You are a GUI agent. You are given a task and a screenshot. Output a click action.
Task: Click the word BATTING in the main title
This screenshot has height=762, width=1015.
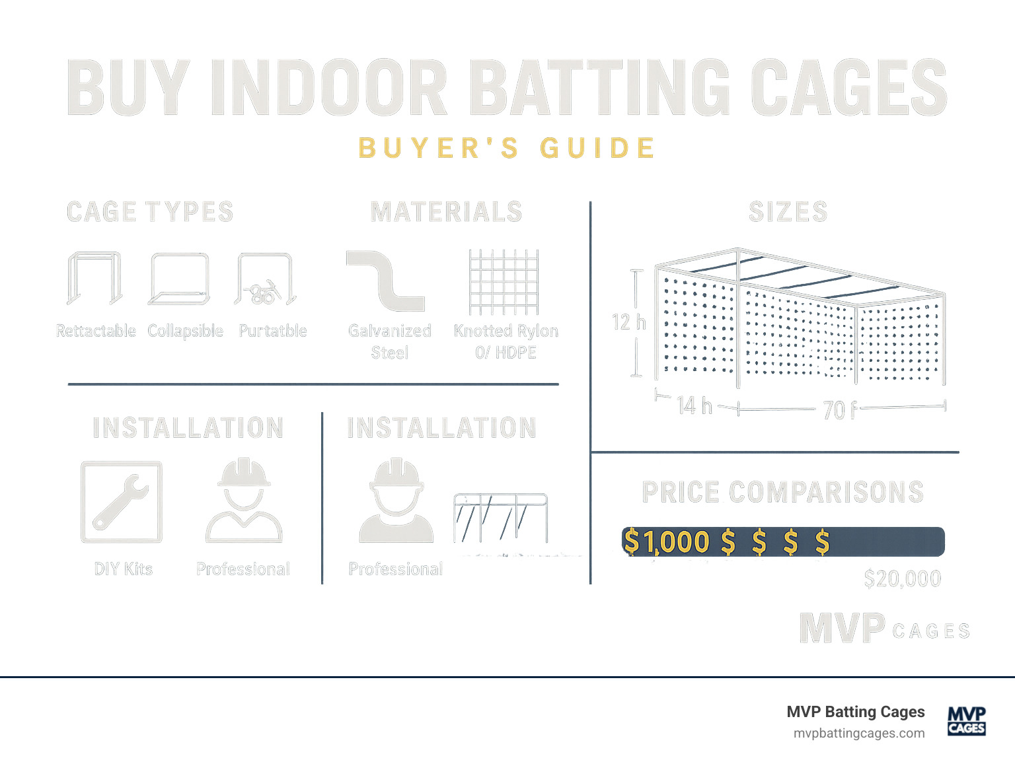[603, 88]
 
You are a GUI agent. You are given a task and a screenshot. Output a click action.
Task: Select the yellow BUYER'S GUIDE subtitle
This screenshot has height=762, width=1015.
[507, 148]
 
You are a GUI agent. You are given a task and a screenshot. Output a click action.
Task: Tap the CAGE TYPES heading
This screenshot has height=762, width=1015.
[150, 213]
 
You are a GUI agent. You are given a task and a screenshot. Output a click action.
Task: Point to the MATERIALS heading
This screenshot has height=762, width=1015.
[446, 213]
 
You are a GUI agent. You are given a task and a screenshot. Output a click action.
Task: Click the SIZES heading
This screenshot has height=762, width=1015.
[788, 213]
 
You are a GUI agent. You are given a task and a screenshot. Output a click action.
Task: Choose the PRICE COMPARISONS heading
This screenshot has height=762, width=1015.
[782, 493]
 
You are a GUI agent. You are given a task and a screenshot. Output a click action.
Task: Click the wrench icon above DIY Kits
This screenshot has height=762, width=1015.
[122, 502]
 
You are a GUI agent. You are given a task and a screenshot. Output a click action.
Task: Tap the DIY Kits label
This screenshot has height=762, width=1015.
[124, 569]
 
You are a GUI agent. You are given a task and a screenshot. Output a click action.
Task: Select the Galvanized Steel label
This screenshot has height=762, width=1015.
[390, 341]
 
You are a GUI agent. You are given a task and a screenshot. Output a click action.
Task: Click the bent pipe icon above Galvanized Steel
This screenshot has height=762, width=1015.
[385, 281]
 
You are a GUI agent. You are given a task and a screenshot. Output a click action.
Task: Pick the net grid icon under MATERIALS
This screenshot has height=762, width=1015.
[504, 282]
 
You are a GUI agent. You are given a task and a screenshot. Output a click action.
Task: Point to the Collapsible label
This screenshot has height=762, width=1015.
[185, 331]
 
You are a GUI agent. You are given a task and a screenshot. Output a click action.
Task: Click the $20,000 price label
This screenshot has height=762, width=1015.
[902, 579]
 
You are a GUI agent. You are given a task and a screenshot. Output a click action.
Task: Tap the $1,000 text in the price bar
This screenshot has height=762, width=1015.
[666, 542]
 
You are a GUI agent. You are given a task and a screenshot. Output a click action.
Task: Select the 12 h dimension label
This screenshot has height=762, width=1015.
[628, 322]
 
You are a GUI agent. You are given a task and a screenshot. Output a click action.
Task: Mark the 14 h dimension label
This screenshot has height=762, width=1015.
[695, 405]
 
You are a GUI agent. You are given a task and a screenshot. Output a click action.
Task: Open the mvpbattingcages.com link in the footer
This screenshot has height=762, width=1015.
[858, 734]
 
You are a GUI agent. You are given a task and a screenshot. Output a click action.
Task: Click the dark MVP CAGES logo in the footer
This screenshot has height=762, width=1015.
[966, 720]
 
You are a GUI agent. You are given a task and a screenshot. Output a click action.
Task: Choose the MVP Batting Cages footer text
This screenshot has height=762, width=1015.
[855, 712]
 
